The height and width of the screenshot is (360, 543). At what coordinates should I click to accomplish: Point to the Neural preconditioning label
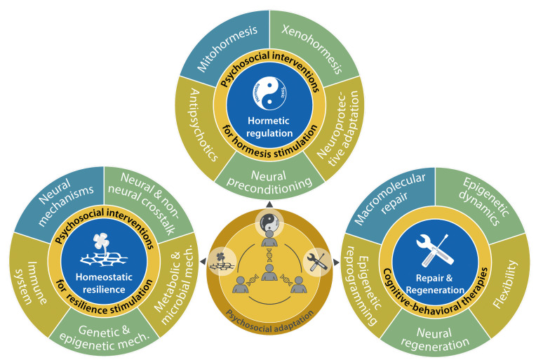tap(271, 171)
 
